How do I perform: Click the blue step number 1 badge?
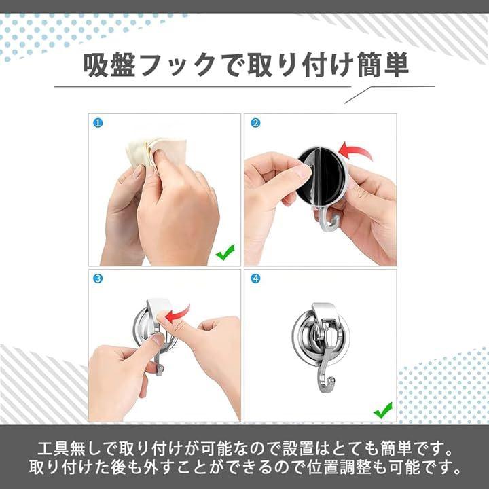point(98,123)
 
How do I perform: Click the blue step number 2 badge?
point(255,123)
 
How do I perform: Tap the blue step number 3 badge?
point(98,278)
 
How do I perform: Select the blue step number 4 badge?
point(255,278)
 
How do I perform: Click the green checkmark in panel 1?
point(225,252)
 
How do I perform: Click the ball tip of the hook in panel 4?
point(333,380)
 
